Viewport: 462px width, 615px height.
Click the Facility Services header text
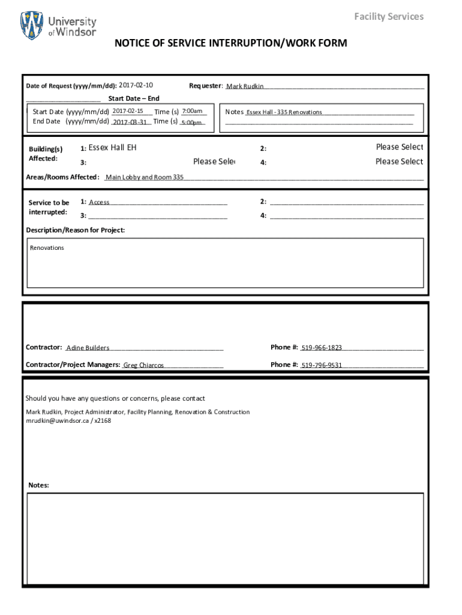click(388, 16)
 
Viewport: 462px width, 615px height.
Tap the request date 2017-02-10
click(136, 85)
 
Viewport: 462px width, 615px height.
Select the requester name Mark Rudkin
click(245, 86)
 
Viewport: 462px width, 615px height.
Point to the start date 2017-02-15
click(128, 111)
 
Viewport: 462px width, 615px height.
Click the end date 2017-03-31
click(130, 122)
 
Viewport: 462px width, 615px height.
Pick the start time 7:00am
click(192, 111)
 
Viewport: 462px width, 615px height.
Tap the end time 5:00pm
click(191, 123)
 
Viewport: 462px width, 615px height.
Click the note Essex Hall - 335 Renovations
click(284, 112)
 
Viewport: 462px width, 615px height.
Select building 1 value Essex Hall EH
click(113, 147)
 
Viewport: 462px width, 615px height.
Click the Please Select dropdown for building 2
click(399, 147)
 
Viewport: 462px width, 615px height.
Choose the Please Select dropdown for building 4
click(399, 162)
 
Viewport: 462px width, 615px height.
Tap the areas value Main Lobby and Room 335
click(145, 177)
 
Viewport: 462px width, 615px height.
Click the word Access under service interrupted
click(99, 202)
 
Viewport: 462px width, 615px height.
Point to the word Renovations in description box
click(47, 248)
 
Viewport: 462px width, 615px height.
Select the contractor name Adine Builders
click(88, 348)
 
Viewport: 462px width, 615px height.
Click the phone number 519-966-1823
click(322, 348)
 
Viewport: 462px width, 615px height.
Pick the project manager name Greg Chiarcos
click(143, 365)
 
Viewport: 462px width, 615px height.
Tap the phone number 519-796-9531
click(322, 365)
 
